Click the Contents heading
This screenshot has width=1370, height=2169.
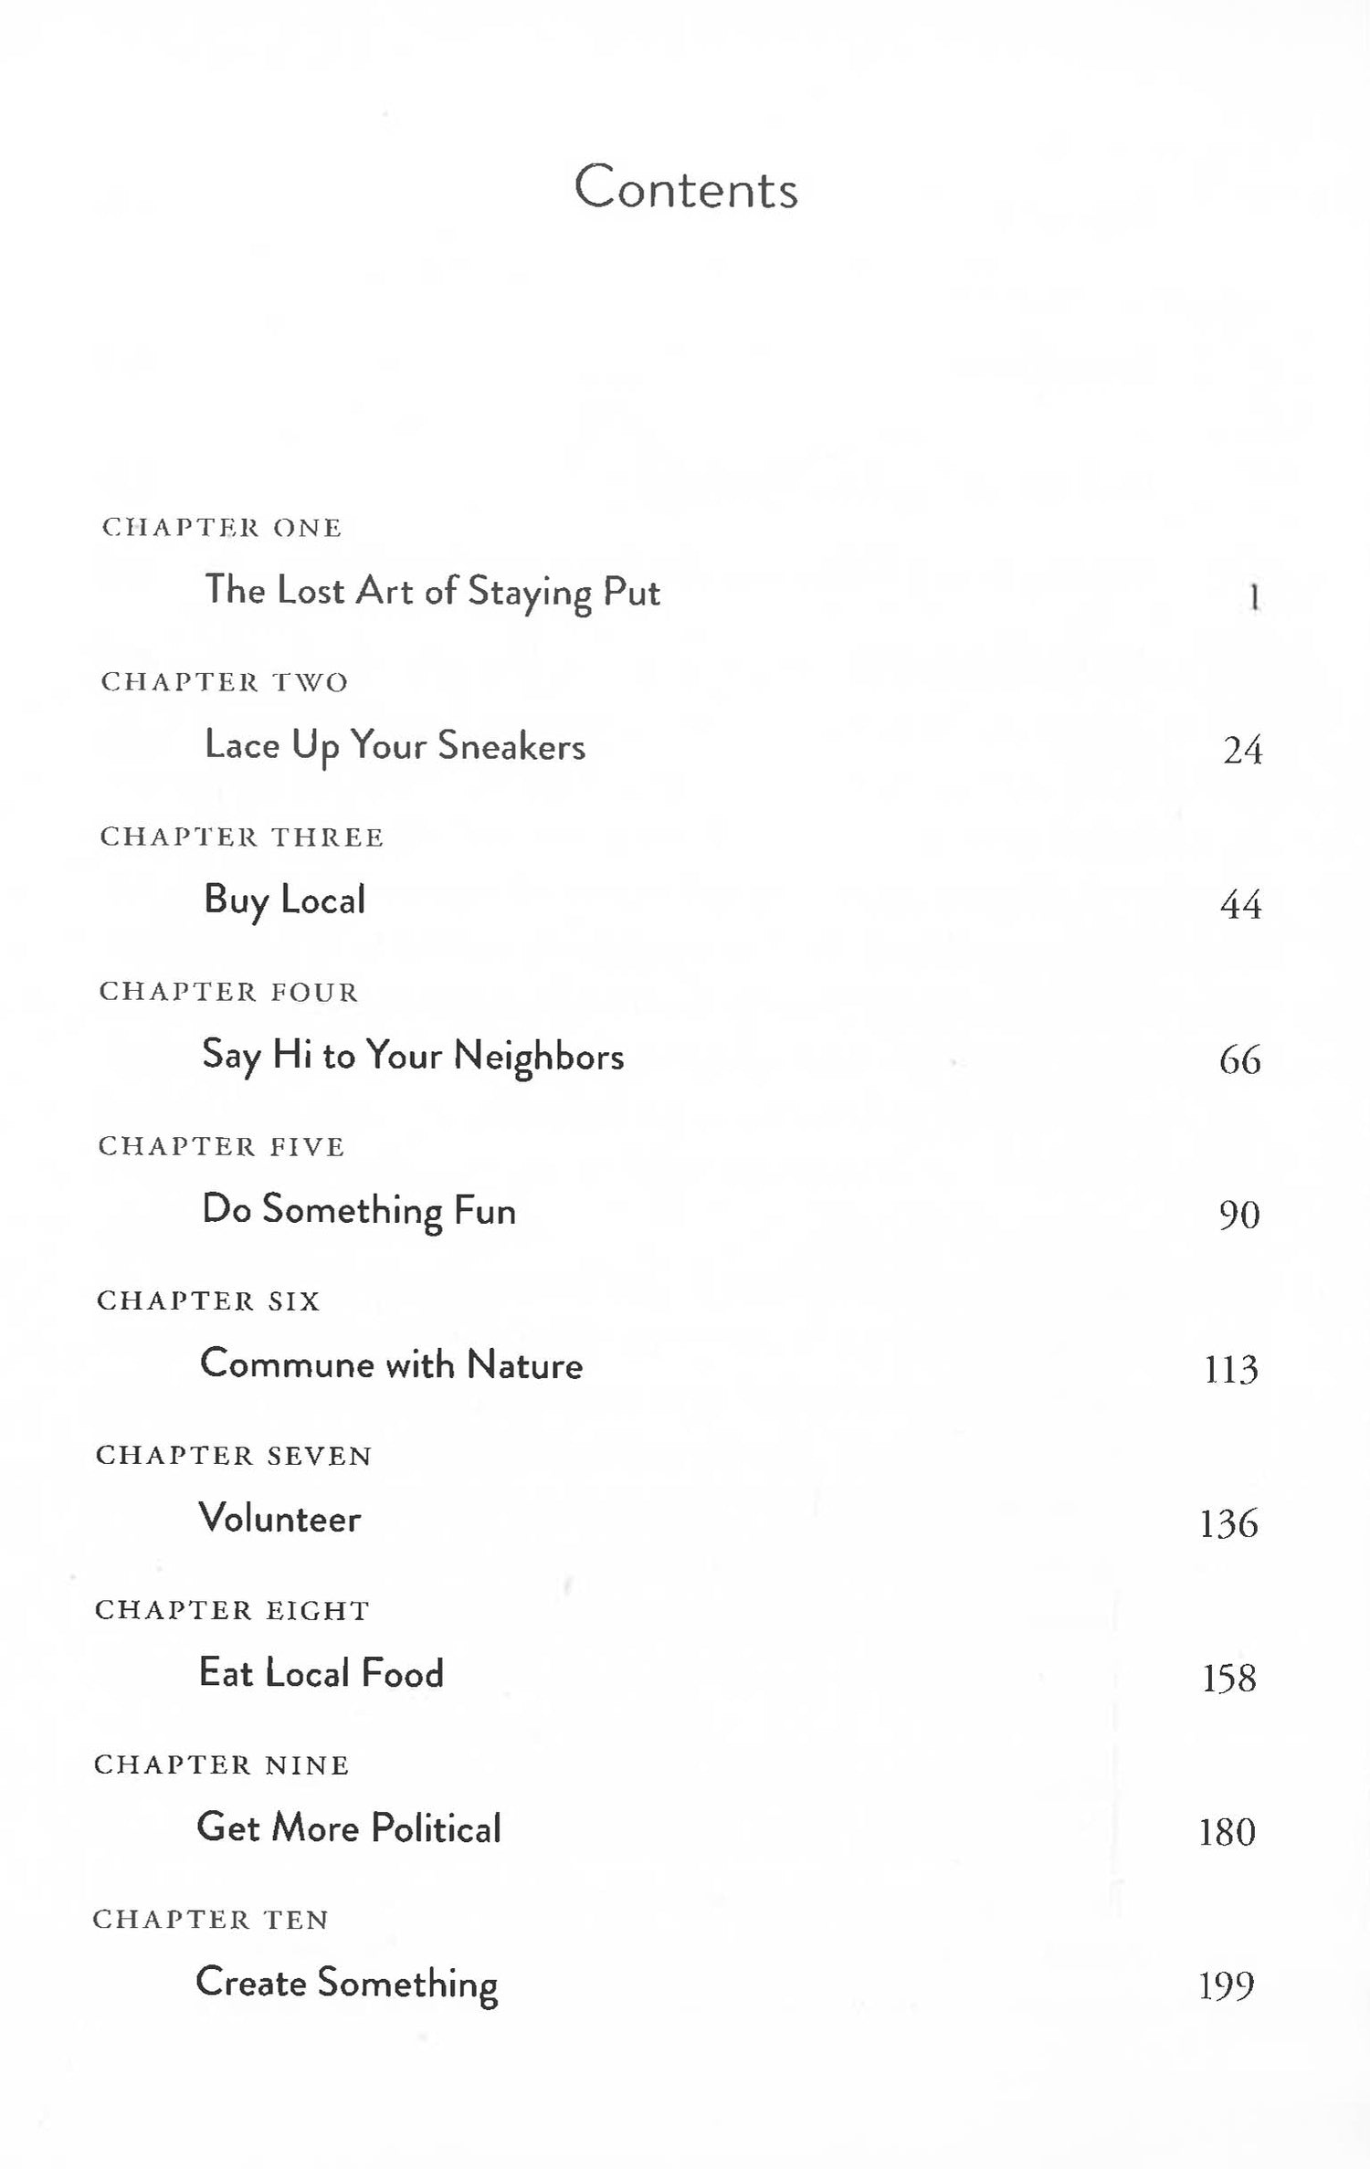[x=686, y=188]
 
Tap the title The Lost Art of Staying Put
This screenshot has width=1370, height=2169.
[x=431, y=592]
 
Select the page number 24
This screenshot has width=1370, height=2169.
[x=1242, y=751]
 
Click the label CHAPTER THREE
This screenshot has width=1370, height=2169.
[x=242, y=837]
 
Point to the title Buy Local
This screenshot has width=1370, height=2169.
[x=284, y=900]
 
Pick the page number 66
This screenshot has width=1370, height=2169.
[x=1239, y=1060]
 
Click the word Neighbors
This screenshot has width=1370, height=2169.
[x=539, y=1056]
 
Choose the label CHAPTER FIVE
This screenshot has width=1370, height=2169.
[x=222, y=1146]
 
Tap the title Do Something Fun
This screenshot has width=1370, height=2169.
[x=359, y=1211]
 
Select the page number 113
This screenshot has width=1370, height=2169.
[x=1231, y=1369]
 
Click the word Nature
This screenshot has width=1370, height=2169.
[x=524, y=1365]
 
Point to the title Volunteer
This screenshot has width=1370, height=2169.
[x=279, y=1519]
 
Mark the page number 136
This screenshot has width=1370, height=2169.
[x=1229, y=1523]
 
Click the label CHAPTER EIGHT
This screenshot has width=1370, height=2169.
[x=232, y=1610]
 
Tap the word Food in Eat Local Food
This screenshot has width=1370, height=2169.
[x=402, y=1673]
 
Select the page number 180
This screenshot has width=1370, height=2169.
[x=1228, y=1832]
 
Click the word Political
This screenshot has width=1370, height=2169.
[x=437, y=1828]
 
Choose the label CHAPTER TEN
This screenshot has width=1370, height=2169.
[x=211, y=1919]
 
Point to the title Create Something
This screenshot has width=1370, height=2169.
[x=347, y=1984]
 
